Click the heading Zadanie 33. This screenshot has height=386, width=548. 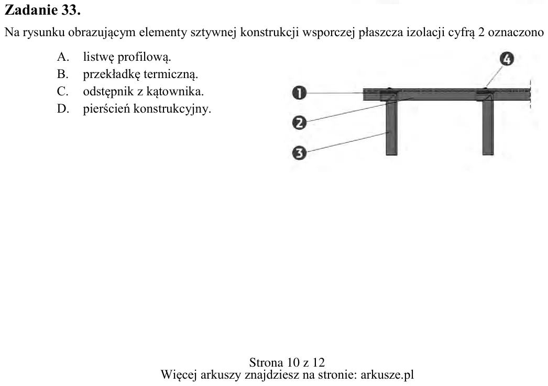(42, 10)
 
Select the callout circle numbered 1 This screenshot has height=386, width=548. (299, 93)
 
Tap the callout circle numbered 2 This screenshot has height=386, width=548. (299, 123)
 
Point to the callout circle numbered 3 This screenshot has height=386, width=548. (299, 153)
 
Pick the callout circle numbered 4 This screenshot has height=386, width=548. (507, 59)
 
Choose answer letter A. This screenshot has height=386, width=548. (63, 57)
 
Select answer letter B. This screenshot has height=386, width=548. (62, 74)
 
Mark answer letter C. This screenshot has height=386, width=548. (62, 92)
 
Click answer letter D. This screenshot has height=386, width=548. (63, 109)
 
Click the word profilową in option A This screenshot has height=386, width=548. (144, 57)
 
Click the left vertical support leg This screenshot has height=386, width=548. (391, 127)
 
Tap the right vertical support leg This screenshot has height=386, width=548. (488, 127)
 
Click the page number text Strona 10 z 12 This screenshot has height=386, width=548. (287, 362)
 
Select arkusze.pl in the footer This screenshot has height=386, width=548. (387, 375)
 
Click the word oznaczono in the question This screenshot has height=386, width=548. (516, 32)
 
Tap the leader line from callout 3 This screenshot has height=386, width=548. (348, 142)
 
